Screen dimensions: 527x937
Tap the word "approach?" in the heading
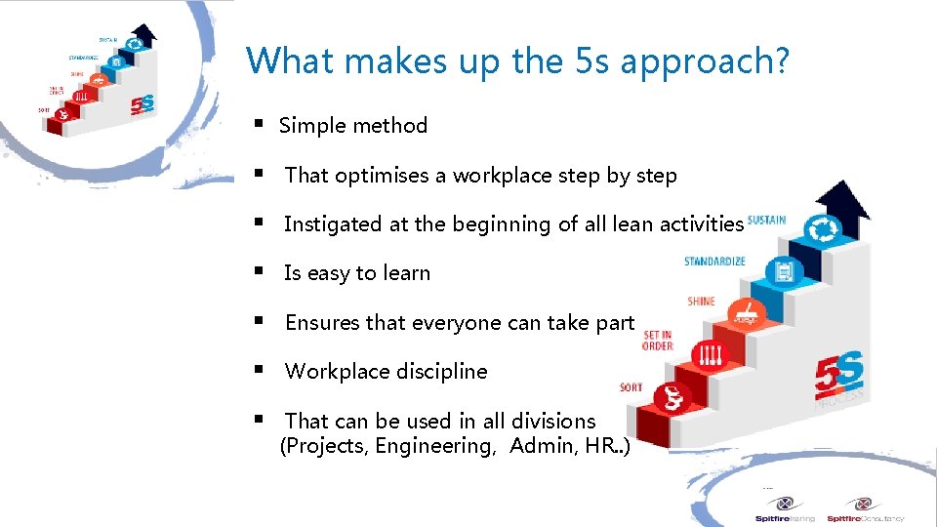(x=705, y=61)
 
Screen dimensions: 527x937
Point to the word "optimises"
(x=382, y=176)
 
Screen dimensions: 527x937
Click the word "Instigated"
(x=333, y=224)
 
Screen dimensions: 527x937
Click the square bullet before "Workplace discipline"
(x=259, y=370)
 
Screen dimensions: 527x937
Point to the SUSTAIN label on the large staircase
(x=766, y=220)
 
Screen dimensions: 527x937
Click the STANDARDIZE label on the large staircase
(x=714, y=261)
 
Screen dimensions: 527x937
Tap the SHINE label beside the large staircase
(x=701, y=302)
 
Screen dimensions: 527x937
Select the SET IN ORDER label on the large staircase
(x=657, y=340)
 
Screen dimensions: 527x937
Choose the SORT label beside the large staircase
(x=631, y=387)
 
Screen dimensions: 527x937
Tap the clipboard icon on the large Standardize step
(x=784, y=270)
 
